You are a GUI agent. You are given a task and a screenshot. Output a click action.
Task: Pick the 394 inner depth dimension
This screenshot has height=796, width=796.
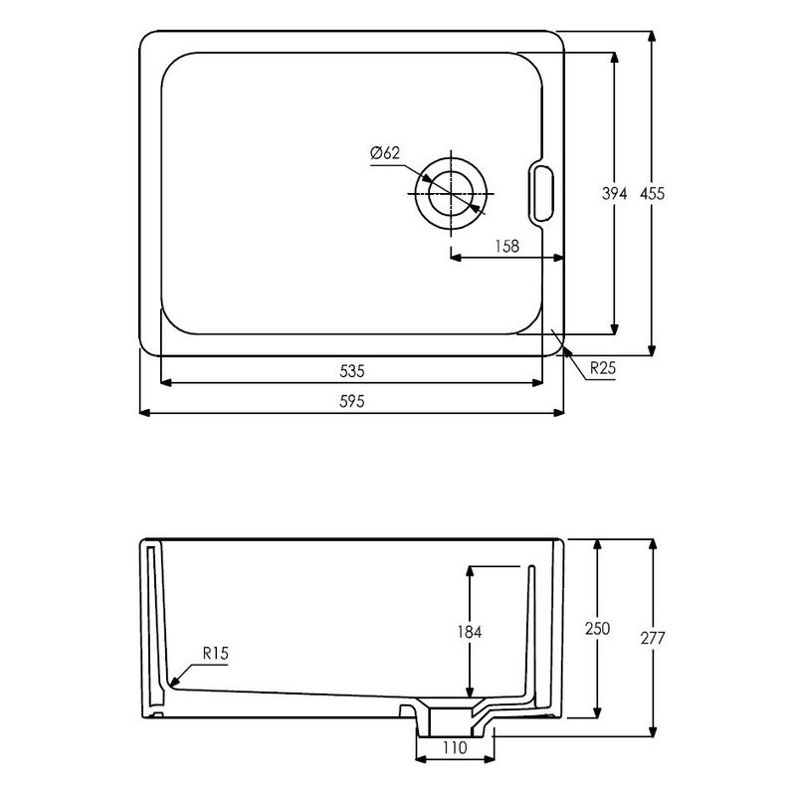tap(615, 195)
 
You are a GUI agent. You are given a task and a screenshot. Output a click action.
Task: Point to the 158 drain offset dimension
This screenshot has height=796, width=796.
tap(506, 246)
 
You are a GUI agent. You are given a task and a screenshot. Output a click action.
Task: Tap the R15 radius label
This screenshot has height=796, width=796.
tap(216, 653)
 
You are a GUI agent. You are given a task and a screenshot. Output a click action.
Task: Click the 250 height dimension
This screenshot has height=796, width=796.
tap(598, 629)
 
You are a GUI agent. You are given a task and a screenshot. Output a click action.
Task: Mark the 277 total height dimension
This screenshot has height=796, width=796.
tap(653, 637)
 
